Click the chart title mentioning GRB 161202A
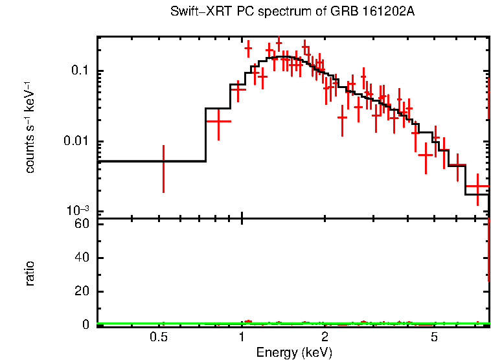292,12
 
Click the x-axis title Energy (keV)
294,352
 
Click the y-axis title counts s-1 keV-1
30,127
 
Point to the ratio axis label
30,273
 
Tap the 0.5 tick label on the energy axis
158,337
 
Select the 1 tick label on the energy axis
242,337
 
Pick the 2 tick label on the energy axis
325,337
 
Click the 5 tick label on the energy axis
435,337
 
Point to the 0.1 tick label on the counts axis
79,71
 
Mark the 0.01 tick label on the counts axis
76,141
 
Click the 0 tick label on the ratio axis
84,324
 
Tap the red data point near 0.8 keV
218,121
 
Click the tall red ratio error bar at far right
488,253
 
